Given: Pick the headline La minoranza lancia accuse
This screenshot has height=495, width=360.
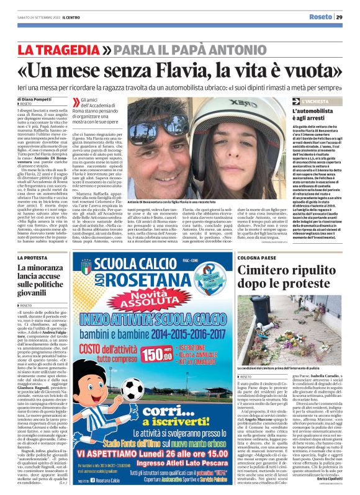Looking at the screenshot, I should [x=50, y=277].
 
